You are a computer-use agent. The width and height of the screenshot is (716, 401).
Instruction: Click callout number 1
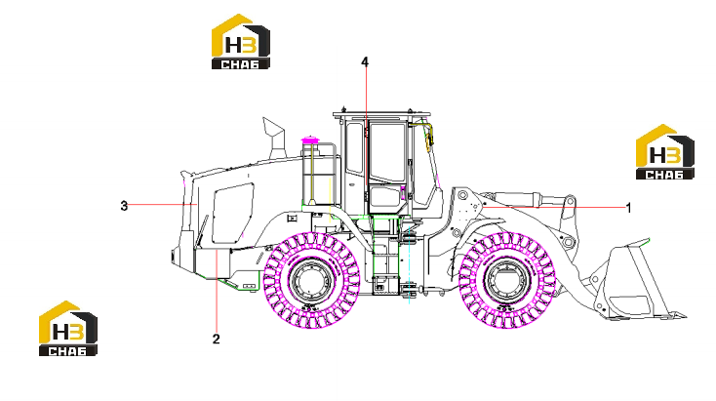point(628,208)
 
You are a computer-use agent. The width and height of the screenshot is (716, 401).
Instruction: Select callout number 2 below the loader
point(216,339)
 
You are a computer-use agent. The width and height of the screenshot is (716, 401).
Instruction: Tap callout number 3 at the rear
point(124,206)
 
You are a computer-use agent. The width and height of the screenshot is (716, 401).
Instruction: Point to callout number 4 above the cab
point(365,61)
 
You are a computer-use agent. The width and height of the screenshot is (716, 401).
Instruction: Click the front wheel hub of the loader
point(506,280)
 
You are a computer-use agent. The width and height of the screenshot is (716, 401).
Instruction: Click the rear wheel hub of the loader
point(312,280)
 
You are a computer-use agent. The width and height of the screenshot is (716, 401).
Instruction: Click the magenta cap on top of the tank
point(311,140)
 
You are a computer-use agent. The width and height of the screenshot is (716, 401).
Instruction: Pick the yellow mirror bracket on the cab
point(428,136)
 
